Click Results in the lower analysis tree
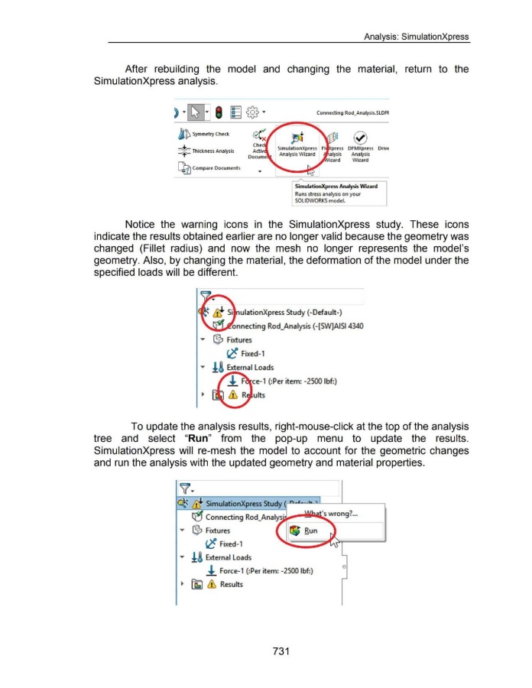tap(231, 584)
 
